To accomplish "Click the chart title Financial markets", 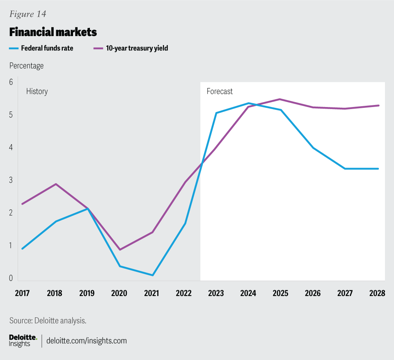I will pos(53,32).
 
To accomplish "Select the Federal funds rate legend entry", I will pos(41,48).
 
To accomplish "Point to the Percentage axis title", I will pos(26,66).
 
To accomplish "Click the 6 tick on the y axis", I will pos(11,82).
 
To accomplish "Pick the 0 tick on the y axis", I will pos(11,278).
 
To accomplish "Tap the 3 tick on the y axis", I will pos(11,180).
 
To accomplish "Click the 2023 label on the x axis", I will pos(216,294).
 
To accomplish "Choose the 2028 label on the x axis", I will pos(377,294).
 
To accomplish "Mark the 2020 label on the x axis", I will pos(119,294).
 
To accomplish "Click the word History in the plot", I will pos(37,91).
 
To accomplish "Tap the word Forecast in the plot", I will pos(220,91).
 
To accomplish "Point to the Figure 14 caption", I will pos(27,14).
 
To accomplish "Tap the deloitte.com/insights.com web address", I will pos(87,340).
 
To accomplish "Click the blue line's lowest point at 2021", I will pos(153,275).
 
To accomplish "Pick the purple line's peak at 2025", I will pos(280,99).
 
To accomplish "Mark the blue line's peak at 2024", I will pos(248,103).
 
